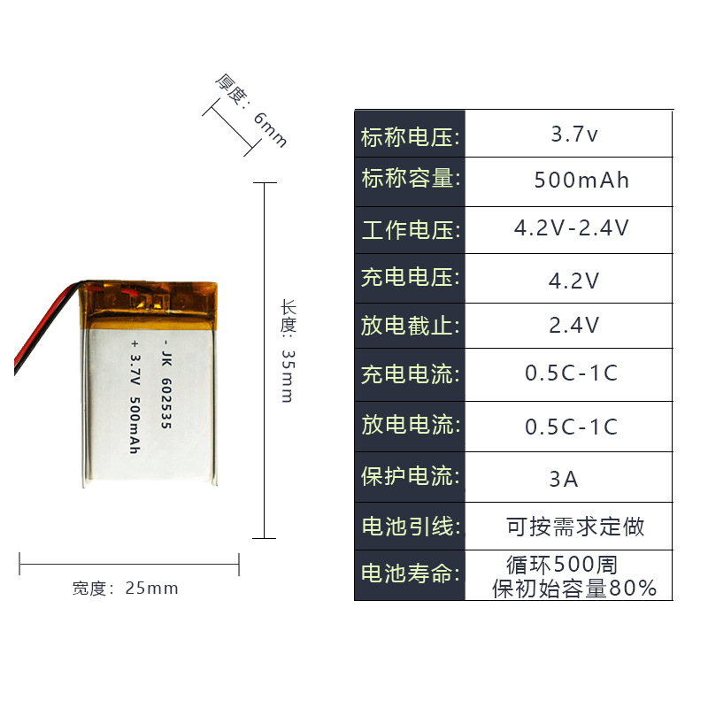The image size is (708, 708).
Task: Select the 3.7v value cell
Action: pos(574,135)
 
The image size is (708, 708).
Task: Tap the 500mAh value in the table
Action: pos(581,181)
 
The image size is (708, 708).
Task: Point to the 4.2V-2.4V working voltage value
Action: pos(572,228)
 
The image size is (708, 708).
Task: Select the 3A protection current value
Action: pos(564,480)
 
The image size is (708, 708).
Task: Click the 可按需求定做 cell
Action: pos(575,527)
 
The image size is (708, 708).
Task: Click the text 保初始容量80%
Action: pos(574,588)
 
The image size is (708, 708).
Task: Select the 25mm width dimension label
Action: pos(126,589)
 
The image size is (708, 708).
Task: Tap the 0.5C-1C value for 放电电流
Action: pos(571,427)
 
